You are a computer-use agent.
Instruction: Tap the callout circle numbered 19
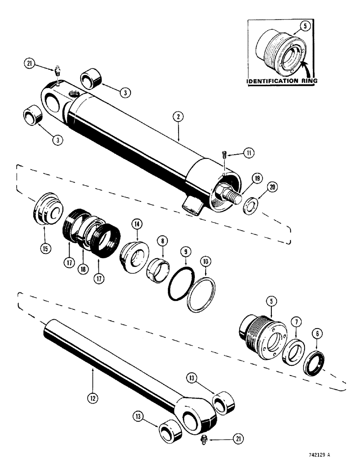256,178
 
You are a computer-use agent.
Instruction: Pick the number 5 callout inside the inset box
305,27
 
